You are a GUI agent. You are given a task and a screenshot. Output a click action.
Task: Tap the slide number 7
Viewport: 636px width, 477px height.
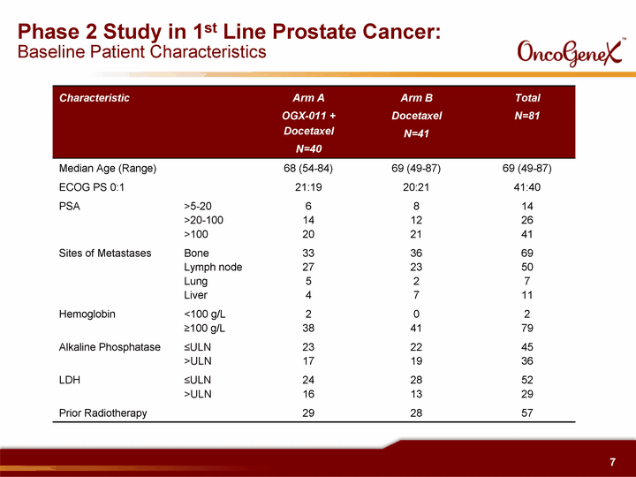[612, 462]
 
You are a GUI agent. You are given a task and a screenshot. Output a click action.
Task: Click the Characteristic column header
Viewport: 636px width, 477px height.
[95, 98]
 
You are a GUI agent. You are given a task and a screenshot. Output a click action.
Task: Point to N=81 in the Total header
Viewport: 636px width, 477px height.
[526, 116]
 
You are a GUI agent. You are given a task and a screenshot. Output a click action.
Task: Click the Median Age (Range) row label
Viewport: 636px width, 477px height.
[108, 169]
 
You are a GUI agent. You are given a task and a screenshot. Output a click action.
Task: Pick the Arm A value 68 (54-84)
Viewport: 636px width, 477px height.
[308, 169]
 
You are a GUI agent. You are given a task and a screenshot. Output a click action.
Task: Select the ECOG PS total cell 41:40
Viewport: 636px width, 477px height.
[526, 187]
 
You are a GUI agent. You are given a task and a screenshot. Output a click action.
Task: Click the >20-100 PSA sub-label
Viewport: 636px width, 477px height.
[204, 220]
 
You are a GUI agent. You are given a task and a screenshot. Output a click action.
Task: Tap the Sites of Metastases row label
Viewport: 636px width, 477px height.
[105, 254]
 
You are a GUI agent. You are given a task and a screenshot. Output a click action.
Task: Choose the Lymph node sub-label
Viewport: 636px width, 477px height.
[213, 268]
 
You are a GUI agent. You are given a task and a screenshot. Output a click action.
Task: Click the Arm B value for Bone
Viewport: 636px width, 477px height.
[416, 254]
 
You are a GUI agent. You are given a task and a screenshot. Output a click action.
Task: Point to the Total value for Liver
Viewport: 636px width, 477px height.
[526, 295]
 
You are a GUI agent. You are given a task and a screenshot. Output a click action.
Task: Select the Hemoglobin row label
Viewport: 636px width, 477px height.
[87, 314]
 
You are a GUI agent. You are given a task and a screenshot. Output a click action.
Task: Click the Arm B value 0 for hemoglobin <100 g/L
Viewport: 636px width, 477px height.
[416, 314]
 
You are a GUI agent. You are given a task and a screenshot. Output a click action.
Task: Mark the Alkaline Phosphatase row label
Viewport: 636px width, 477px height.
[110, 347]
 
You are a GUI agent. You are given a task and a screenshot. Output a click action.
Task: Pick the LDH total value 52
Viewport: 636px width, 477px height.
[526, 380]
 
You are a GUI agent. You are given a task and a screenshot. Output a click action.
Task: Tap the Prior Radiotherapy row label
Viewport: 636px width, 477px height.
[103, 413]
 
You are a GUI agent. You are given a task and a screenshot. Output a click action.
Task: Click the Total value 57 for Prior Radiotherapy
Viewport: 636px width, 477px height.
[526, 413]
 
